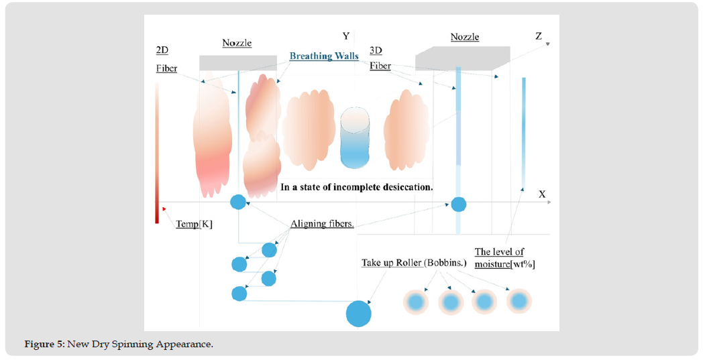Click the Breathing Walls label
tap(324, 56)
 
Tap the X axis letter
tap(542, 194)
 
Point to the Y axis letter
tap(346, 36)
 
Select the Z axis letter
tap(538, 36)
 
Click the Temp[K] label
tap(194, 224)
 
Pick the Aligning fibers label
tap(322, 223)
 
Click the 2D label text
tap(162, 50)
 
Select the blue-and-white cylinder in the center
tap(354, 138)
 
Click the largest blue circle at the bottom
tap(358, 313)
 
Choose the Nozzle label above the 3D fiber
tap(465, 37)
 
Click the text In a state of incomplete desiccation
tap(356, 187)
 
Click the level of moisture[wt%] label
tap(504, 258)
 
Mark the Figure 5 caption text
tap(119, 345)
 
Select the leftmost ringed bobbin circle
tap(416, 302)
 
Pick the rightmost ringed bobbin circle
tap(518, 302)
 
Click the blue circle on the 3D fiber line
tap(458, 204)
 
